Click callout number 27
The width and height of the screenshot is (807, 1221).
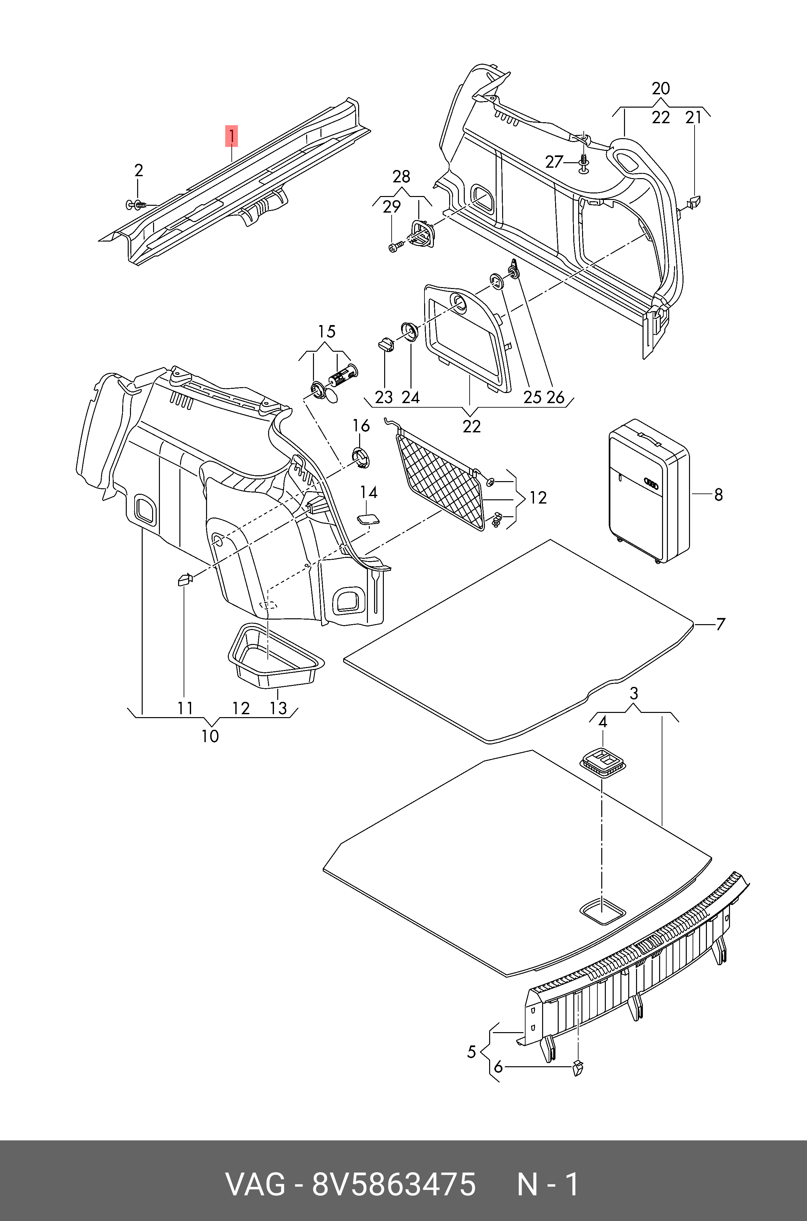[x=554, y=162]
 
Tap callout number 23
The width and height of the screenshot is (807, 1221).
[x=384, y=397]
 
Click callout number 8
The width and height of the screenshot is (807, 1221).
[x=719, y=495]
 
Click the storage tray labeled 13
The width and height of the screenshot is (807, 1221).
[x=275, y=656]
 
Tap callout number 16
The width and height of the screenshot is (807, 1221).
[x=361, y=426]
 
